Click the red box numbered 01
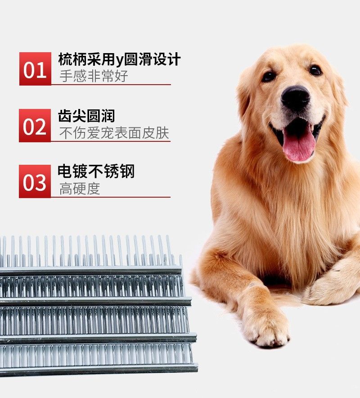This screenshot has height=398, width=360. click(x=35, y=69)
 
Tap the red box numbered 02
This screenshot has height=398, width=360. click(x=35, y=126)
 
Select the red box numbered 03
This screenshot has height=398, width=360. click(x=35, y=181)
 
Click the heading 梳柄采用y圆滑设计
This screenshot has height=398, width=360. click(x=119, y=59)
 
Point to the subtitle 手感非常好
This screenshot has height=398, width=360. click(x=94, y=76)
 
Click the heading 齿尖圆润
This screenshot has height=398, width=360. click(x=86, y=116)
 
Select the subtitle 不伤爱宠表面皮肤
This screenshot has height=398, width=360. click(x=114, y=133)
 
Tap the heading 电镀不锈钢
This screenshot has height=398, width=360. click(x=96, y=172)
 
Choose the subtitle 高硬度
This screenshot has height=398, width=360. click(x=80, y=189)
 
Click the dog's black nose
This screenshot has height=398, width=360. click(x=295, y=98)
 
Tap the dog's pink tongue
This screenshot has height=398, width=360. click(x=299, y=144)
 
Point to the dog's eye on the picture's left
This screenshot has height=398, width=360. click(x=269, y=76)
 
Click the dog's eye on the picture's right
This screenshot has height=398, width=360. click(x=315, y=70)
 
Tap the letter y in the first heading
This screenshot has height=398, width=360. click(x=120, y=61)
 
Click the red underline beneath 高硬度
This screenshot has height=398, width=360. click(x=111, y=197)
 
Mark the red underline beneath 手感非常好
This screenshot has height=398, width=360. click(x=111, y=85)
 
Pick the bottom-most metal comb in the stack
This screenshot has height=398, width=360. click(x=99, y=358)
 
